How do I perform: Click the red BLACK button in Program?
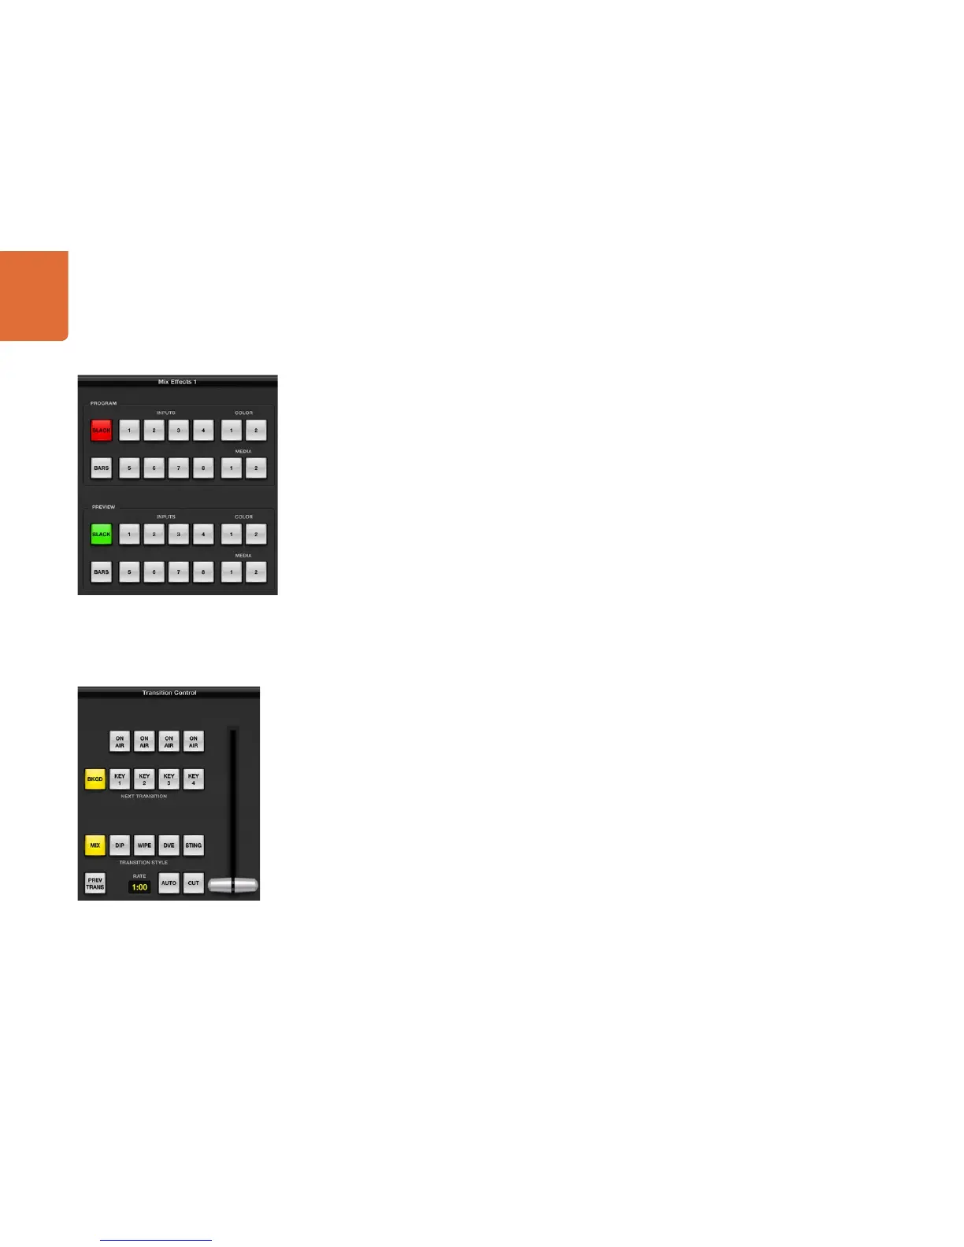point(102,431)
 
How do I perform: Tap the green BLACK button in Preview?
point(102,535)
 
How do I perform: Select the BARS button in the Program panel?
point(102,468)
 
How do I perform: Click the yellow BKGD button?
point(95,779)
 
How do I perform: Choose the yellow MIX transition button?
point(95,846)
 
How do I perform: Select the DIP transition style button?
point(120,846)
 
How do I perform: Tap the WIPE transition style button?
point(144,846)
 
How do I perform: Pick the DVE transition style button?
point(169,846)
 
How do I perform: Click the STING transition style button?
point(194,846)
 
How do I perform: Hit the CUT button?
point(194,883)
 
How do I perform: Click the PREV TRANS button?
point(95,883)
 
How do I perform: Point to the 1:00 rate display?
point(139,887)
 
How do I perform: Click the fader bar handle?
point(233,885)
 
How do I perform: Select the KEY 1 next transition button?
point(120,779)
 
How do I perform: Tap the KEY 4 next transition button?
point(194,779)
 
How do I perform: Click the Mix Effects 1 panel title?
point(177,382)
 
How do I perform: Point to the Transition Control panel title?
point(169,693)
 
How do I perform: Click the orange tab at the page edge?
point(34,296)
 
